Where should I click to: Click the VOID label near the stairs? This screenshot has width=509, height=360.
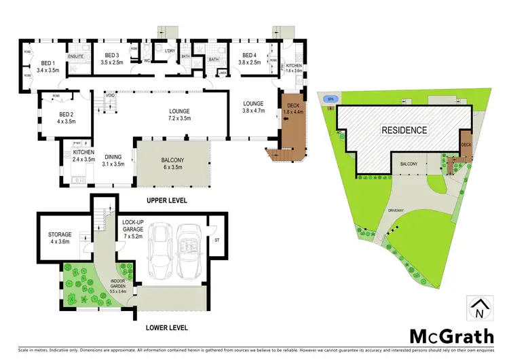pos(109,96)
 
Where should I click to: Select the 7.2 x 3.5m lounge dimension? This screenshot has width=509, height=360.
pos(179,118)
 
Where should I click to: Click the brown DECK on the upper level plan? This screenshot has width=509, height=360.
pos(293,126)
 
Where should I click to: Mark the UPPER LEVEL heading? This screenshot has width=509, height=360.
pos(166,201)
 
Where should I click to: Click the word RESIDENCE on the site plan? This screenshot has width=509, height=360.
pos(403,130)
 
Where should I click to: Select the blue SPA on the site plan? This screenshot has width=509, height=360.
pos(331,99)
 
